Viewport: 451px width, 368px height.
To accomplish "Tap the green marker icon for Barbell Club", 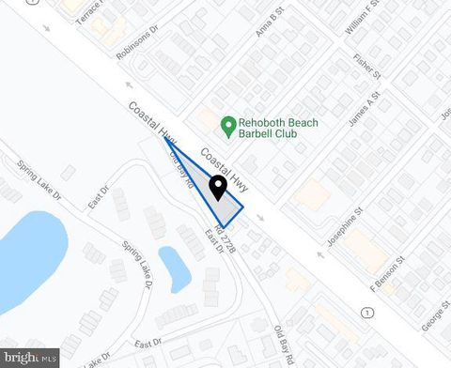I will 226,124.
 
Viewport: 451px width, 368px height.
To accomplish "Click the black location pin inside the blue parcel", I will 218,187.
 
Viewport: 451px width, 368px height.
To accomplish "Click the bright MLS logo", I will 32,358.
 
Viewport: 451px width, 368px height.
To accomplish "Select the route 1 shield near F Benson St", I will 367,310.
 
